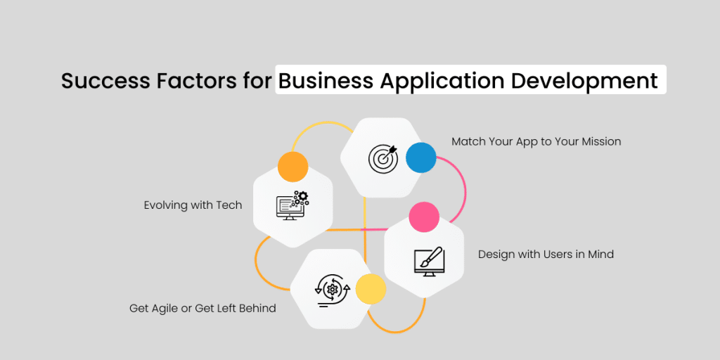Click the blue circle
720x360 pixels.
[421, 157]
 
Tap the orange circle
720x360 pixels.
[293, 166]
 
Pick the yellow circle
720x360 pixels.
[371, 289]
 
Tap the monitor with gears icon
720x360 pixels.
[292, 205]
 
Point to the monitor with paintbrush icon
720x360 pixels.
[427, 262]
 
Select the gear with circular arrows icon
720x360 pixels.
[332, 290]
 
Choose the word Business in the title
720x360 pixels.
[326, 81]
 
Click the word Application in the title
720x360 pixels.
[442, 82]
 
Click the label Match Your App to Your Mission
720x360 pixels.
[536, 141]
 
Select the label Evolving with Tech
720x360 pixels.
[193, 205]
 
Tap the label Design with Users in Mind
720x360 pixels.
[546, 254]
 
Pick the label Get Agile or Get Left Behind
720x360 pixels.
[202, 308]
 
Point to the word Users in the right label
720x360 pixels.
[557, 254]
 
